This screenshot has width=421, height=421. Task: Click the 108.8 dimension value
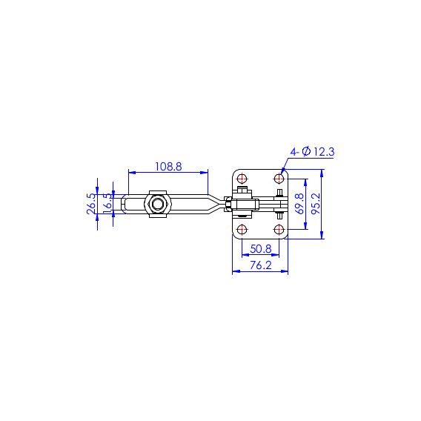(168, 167)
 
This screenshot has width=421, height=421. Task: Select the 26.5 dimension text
(91, 204)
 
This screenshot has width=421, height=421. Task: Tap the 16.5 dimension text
(107, 203)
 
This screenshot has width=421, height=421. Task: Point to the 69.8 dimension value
(299, 204)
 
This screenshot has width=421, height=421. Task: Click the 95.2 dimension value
(316, 204)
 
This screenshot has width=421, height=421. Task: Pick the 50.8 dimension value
(261, 249)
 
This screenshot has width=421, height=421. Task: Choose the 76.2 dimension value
(261, 265)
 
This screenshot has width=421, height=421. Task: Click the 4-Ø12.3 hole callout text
(312, 152)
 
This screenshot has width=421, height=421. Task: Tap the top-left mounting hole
(242, 179)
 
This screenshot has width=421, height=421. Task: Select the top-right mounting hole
(279, 179)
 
